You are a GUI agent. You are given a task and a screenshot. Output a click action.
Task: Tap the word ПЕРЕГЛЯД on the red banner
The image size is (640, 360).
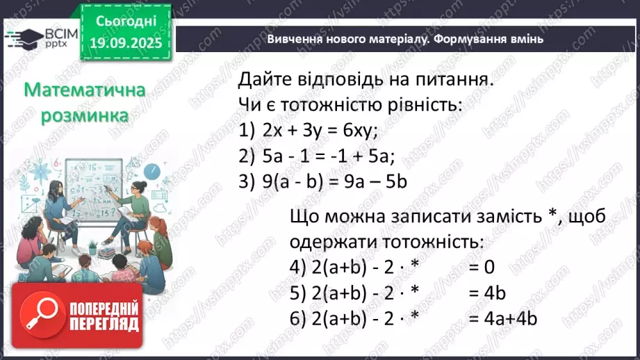coord(105,324)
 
